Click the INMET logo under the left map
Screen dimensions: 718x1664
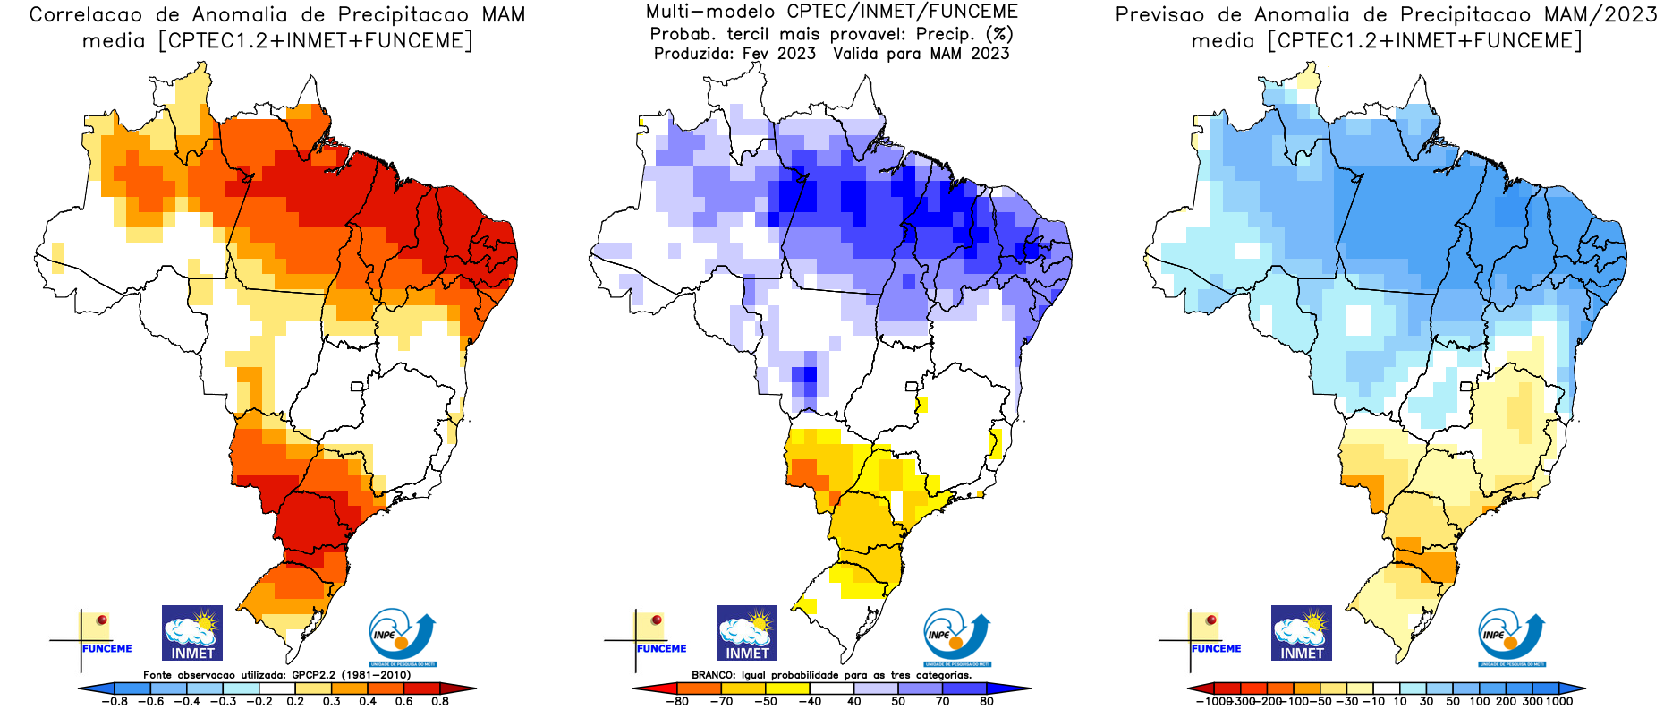pos(192,633)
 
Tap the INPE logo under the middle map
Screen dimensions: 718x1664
pos(956,637)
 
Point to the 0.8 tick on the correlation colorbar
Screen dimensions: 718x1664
pos(440,701)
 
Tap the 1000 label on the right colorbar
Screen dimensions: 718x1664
pos(1559,701)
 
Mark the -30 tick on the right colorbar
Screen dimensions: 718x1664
pos(1350,701)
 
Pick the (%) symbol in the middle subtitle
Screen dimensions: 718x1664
pos(999,34)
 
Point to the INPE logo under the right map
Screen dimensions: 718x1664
pos(1511,637)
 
